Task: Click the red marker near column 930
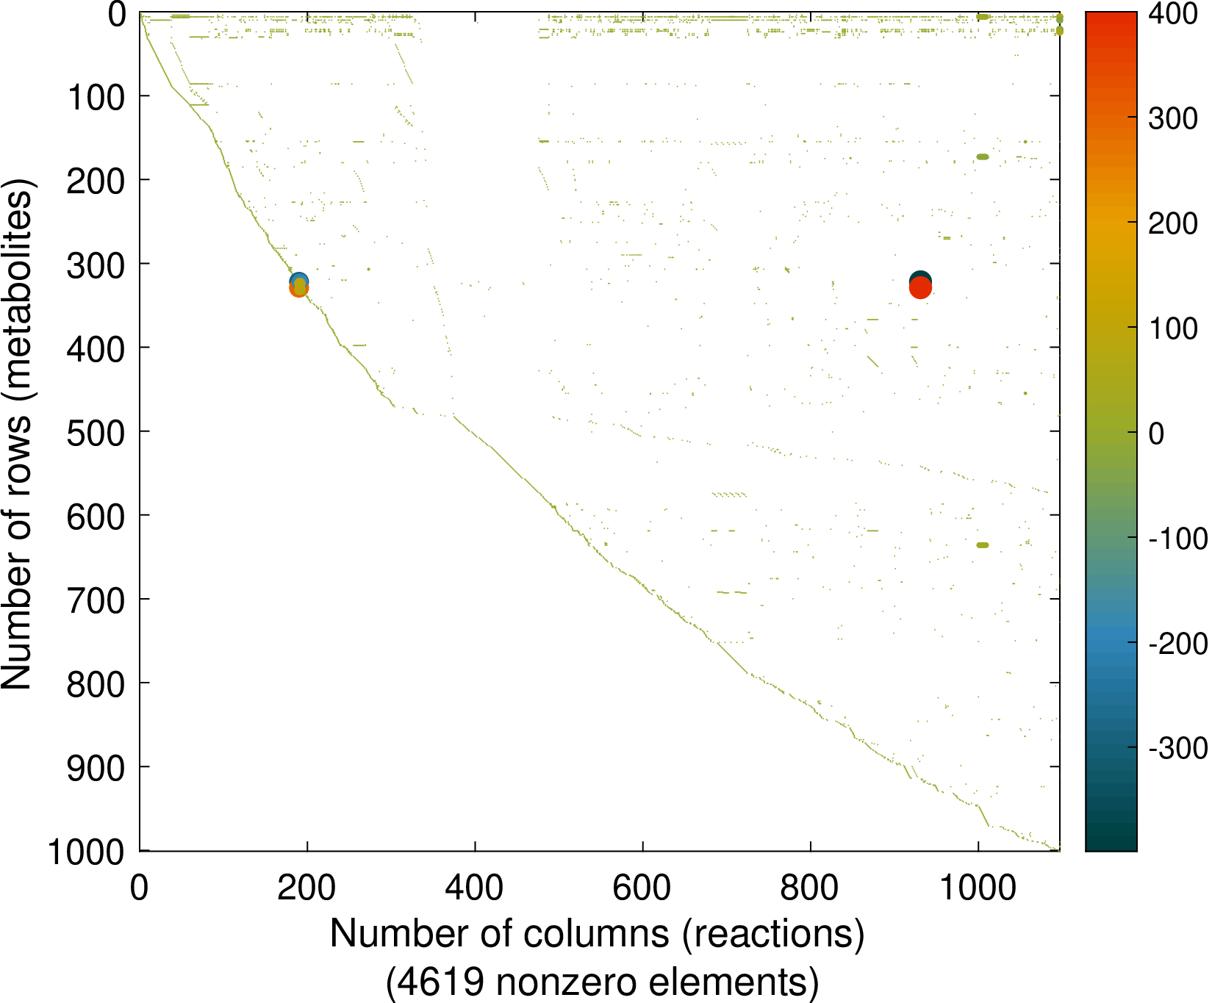[920, 289]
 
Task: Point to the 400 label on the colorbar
[1172, 14]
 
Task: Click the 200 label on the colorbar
[1172, 223]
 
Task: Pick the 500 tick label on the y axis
[96, 432]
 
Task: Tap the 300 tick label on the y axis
[96, 265]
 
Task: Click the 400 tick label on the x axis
[474, 888]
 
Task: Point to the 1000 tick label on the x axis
[978, 888]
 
